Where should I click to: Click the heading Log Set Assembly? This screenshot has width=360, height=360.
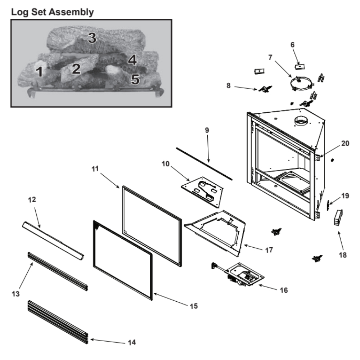[x=53, y=12]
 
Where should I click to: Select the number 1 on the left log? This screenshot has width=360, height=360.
[x=40, y=72]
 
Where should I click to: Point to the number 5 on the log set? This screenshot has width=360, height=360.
[x=135, y=79]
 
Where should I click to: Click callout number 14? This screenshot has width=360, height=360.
[x=132, y=342]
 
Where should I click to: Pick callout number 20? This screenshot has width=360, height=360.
[x=345, y=143]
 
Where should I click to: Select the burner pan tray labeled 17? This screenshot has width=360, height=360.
[x=216, y=230]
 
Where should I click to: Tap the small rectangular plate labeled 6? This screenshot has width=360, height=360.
[x=300, y=67]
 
